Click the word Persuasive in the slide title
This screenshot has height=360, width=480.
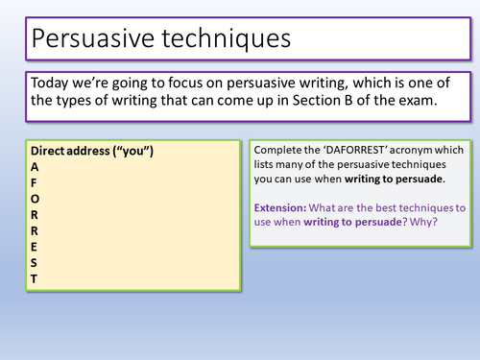pos(89,42)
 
